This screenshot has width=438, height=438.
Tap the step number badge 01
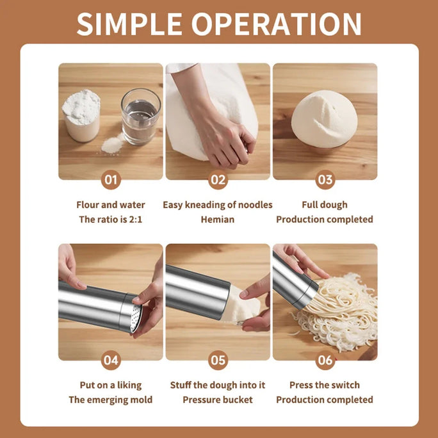111,180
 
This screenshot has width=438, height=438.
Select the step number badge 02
218,180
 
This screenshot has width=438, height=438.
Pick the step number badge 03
325,180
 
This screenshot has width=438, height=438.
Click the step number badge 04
111,361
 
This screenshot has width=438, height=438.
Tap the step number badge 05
218,361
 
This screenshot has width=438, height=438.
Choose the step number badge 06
325,361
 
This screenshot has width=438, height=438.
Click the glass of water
140,117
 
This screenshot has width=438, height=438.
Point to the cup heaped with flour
81,115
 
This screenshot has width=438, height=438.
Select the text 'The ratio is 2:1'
111,219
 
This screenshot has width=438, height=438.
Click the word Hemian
218,219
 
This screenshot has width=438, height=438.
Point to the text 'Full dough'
325,205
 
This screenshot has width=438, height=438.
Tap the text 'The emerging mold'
111,400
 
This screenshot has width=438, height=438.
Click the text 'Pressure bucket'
218,400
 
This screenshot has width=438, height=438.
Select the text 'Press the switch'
325,385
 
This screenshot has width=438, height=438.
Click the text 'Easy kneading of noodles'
218,205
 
